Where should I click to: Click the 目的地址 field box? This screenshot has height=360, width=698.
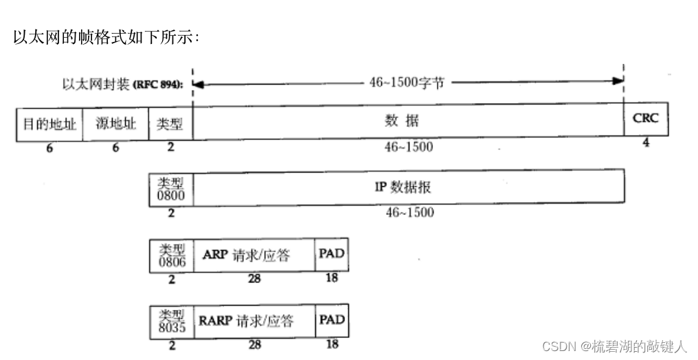coord(49,124)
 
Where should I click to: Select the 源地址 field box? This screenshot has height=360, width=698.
coord(115,124)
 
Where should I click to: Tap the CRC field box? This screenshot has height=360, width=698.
coord(645,118)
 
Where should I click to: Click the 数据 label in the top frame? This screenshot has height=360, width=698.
coord(402,122)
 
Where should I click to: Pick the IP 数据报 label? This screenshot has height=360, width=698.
coord(403,186)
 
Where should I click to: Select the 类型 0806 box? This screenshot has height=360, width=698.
coord(171,255)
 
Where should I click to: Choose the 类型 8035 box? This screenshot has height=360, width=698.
coord(171,321)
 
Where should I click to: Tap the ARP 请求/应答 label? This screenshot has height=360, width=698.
coord(247,255)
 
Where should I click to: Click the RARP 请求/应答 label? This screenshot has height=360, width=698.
coord(247,321)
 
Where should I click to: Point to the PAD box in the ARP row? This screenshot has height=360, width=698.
coord(331,254)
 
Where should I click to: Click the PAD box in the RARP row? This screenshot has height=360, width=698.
coord(331,320)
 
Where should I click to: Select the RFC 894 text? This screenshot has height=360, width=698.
coord(159,85)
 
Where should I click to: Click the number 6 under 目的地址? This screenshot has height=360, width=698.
coord(49,147)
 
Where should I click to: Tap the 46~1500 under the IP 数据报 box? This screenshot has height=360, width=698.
coord(410,213)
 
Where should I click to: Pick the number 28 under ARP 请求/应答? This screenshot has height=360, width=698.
coord(255,279)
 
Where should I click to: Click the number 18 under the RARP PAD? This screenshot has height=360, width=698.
coord(332,344)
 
